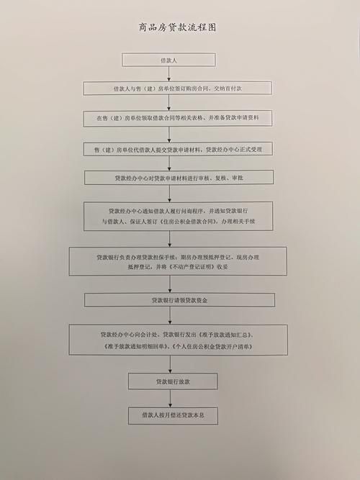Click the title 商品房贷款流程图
click(x=177, y=27)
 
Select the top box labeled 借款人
click(x=168, y=60)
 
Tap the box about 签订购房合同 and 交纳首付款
click(x=177, y=89)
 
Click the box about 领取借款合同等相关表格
click(x=178, y=118)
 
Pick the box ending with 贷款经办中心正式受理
click(x=178, y=149)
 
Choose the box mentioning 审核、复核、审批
click(x=179, y=178)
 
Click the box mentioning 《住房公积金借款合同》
click(x=179, y=216)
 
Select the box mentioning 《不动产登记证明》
click(x=178, y=261)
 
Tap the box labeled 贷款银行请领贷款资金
click(x=179, y=300)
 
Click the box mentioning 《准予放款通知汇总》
click(x=179, y=340)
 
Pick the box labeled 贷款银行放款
click(x=173, y=381)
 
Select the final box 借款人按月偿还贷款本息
click(x=173, y=416)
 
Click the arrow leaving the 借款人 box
click(x=168, y=74)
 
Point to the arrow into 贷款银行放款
click(x=171, y=364)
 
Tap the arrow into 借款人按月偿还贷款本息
click(x=171, y=399)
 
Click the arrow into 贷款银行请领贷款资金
click(x=170, y=284)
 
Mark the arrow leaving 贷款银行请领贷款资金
click(x=170, y=316)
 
